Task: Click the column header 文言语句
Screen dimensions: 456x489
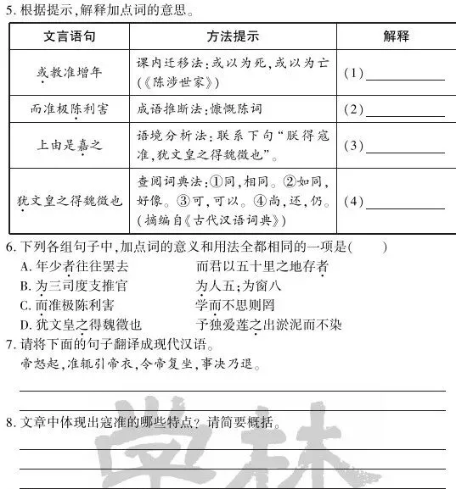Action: coord(68,36)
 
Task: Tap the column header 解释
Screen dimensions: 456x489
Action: coord(396,36)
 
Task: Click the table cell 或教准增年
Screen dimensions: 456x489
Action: coord(68,72)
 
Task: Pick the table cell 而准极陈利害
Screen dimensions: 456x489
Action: coord(68,109)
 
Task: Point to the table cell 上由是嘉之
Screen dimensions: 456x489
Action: coord(68,145)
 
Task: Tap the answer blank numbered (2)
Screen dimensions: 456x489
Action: coord(405,110)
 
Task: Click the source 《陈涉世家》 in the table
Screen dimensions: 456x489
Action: coord(177,82)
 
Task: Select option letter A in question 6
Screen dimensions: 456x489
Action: coord(25,266)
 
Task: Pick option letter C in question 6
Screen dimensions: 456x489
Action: coord(25,305)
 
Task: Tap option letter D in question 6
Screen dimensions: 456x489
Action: coord(25,325)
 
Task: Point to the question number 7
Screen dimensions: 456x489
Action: coord(8,344)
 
